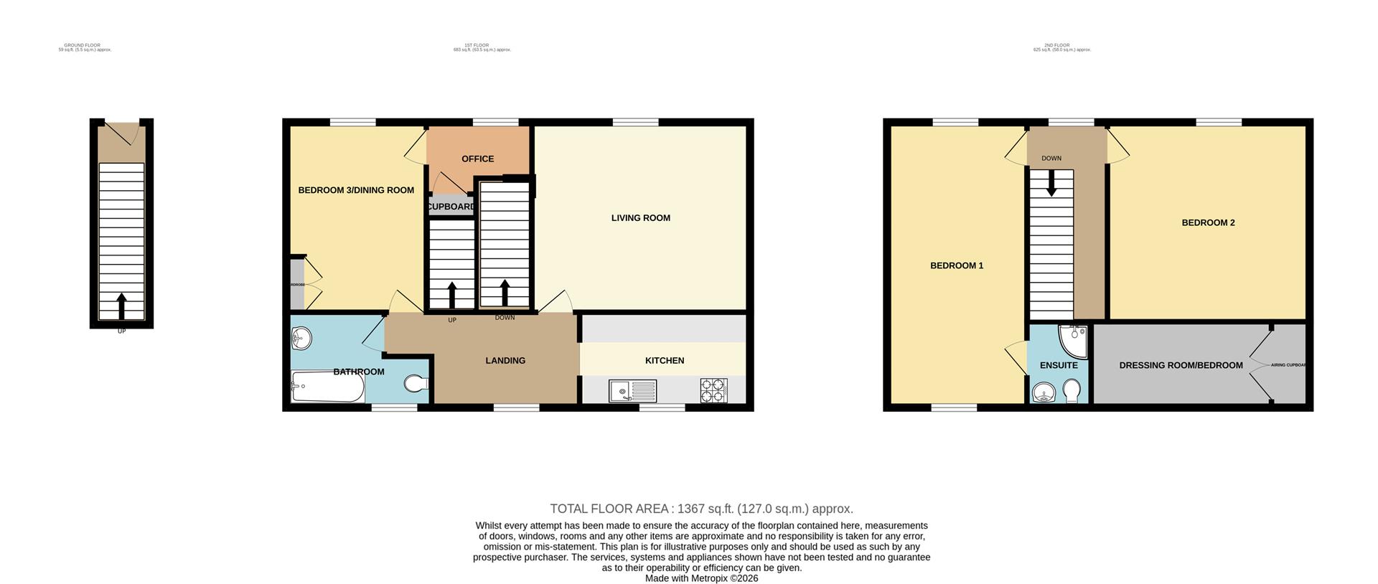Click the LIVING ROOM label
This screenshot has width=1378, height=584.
click(640, 218)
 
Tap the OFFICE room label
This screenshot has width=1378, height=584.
click(477, 159)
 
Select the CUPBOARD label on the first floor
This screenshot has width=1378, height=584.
click(451, 207)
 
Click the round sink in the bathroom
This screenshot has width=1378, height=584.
click(301, 337)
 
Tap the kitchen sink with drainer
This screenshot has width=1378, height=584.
click(632, 391)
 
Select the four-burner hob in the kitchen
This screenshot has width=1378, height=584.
click(713, 391)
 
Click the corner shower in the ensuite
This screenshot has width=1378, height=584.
click(1074, 341)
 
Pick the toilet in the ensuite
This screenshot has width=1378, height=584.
click(1071, 392)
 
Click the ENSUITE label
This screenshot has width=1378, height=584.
click(1059, 365)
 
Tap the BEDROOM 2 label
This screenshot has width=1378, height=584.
click(1208, 223)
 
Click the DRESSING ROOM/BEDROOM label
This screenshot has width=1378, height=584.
click(1181, 366)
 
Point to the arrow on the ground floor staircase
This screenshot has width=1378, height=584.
click(121, 305)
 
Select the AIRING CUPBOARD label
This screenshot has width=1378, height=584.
click(1288, 365)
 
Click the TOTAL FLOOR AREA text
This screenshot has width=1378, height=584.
click(701, 509)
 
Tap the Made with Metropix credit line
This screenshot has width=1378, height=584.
click(701, 578)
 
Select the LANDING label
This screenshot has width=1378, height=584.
click(505, 361)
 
